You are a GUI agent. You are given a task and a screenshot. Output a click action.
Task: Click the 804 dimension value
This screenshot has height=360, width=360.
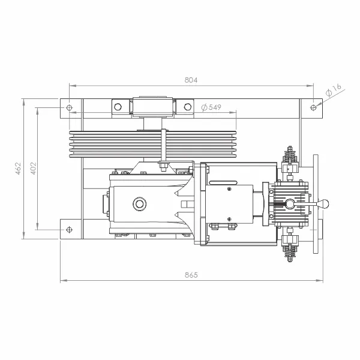(191, 80)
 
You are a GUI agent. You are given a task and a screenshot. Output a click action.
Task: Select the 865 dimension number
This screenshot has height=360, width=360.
(191, 275)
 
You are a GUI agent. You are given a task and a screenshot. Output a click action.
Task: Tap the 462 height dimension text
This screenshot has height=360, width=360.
(18, 168)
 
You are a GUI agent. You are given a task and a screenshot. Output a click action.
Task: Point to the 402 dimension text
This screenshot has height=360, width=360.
(34, 168)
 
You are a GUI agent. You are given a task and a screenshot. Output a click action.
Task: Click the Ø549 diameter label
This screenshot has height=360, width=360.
(211, 107)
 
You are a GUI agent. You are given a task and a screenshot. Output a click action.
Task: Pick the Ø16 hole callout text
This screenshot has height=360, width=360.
(334, 90)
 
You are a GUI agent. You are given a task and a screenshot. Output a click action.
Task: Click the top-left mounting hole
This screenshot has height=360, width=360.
(69, 107)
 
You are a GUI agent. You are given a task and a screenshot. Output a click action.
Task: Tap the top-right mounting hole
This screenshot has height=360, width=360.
(313, 107)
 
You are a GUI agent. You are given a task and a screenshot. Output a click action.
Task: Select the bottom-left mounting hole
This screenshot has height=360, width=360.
(69, 230)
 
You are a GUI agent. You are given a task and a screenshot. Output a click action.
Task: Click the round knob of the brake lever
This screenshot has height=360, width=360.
(323, 204)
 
